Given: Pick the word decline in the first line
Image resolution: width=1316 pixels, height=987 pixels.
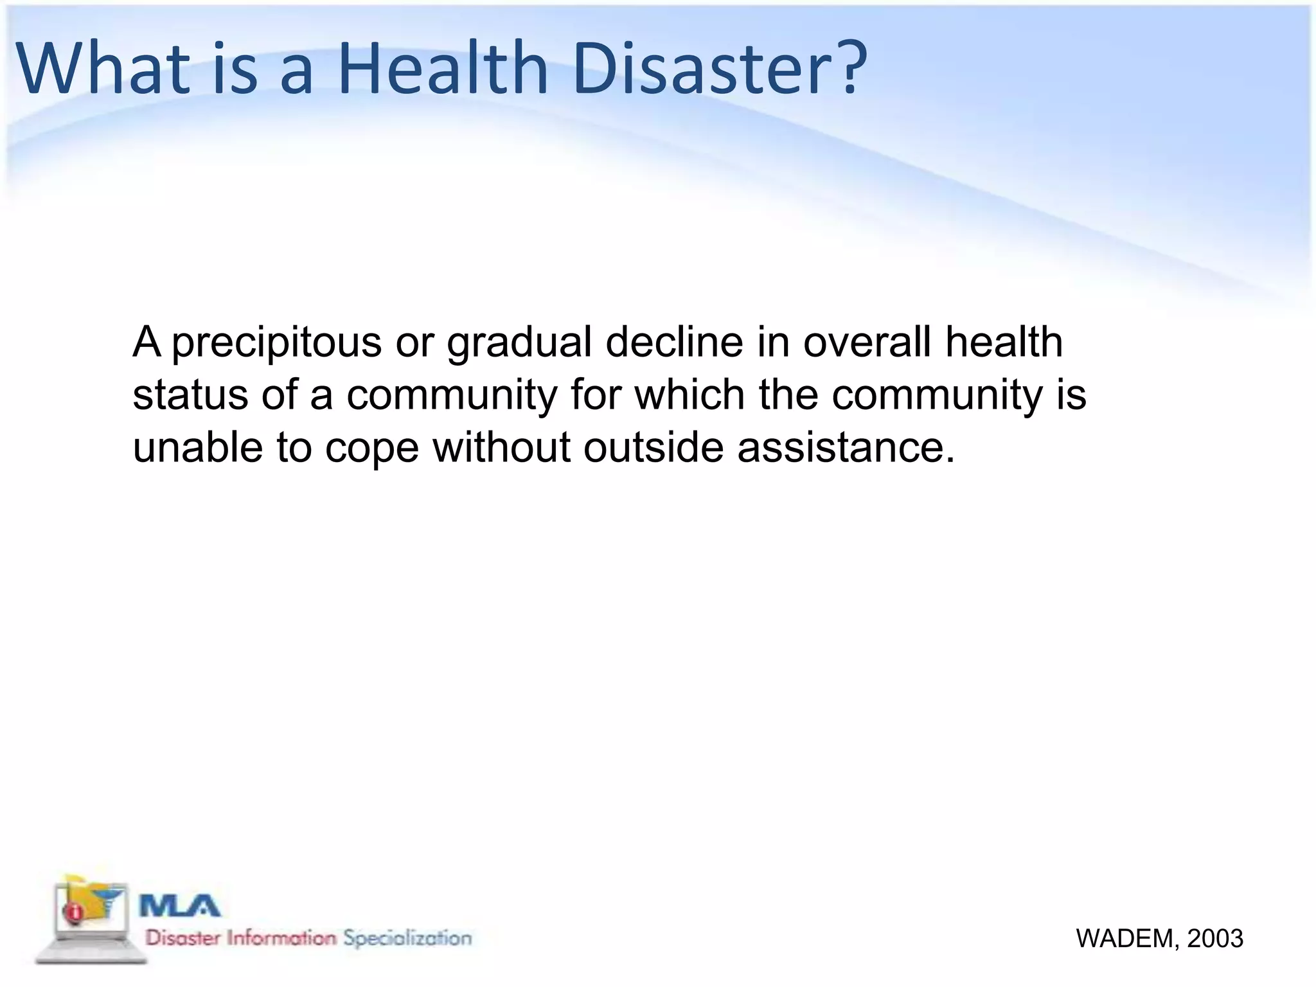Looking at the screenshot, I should [674, 342].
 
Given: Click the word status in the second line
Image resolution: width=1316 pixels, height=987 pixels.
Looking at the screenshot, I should [190, 395].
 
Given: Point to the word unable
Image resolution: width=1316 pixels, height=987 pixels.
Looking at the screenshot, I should [197, 447].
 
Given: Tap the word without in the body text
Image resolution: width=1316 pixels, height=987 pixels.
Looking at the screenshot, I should [501, 447].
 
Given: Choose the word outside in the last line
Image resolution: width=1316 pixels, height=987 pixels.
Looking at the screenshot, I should [653, 447].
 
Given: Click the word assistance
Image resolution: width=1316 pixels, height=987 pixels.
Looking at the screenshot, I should [846, 447].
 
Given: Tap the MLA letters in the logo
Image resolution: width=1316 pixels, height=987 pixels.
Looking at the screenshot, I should [180, 906].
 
